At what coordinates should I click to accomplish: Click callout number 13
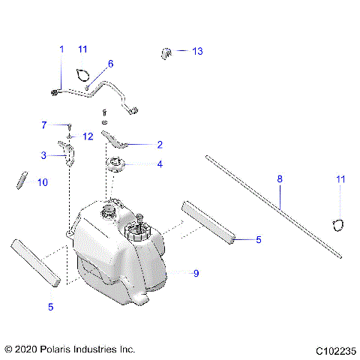pos(198,52)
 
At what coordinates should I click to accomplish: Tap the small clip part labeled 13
pos(166,52)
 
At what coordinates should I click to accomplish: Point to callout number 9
pos(196,274)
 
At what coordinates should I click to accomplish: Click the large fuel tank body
pos(120,255)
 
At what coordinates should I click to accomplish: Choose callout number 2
pos(160,144)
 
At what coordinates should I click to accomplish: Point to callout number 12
pos(88,136)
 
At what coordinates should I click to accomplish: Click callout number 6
pos(110,64)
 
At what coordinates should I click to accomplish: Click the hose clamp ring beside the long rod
pos(338,223)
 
